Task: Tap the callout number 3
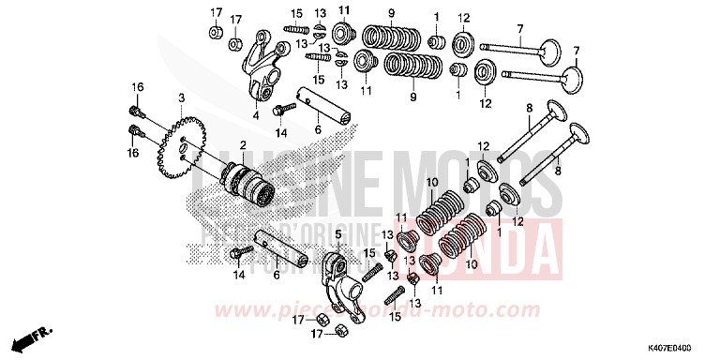182,97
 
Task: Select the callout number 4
255,116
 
